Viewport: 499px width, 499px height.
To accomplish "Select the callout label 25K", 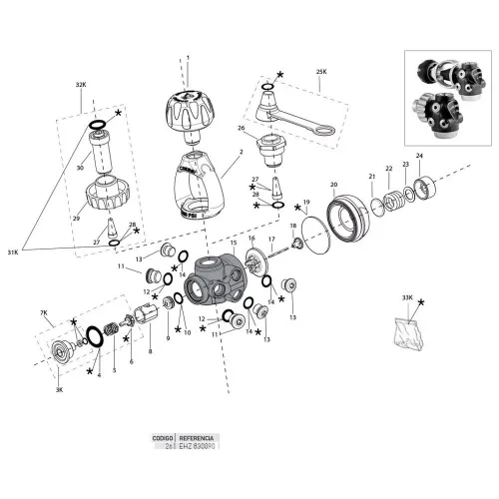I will [321, 72].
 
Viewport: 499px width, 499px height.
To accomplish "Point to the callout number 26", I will [241, 128].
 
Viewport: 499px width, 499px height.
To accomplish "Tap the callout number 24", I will [419, 156].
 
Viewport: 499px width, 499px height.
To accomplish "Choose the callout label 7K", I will [44, 313].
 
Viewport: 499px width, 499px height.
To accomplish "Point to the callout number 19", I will [306, 203].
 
